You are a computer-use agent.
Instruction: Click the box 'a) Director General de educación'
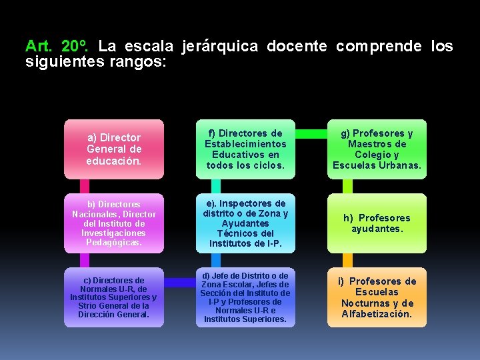(x=113, y=149)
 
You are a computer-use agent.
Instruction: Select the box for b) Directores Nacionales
(x=113, y=223)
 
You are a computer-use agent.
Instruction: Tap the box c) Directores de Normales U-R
(x=113, y=297)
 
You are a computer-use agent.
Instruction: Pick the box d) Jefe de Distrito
(x=245, y=297)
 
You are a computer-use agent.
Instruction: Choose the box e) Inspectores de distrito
(x=245, y=223)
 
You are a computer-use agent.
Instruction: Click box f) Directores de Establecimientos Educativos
(x=245, y=149)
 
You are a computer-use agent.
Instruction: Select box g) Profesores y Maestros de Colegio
(x=377, y=149)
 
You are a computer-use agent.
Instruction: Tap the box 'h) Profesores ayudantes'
(x=377, y=223)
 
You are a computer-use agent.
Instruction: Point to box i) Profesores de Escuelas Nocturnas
(x=377, y=297)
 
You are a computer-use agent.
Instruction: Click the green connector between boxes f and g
(x=311, y=134)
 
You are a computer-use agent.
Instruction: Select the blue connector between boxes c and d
(x=179, y=283)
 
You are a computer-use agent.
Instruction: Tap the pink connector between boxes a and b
(x=85, y=186)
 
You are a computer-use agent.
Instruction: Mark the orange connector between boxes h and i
(x=347, y=260)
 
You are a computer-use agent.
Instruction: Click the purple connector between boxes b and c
(x=85, y=260)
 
